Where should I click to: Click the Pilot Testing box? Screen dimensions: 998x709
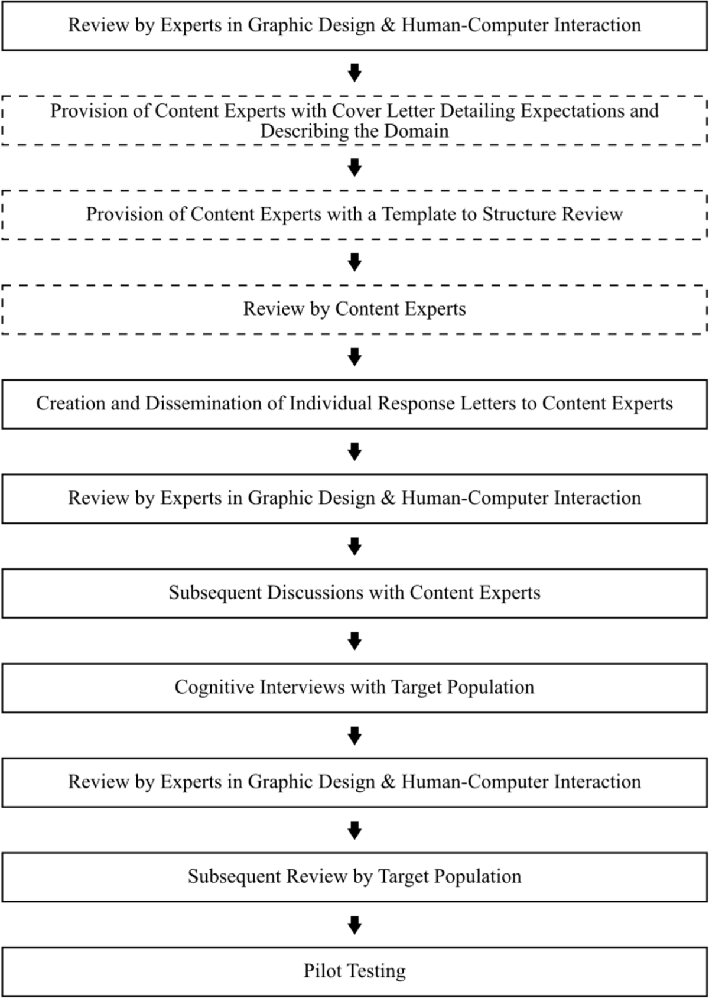tap(354, 971)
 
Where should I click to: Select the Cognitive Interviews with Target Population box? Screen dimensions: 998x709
tap(354, 687)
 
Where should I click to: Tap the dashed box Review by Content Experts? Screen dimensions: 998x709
tap(354, 309)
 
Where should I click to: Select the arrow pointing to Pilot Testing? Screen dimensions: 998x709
tap(354, 925)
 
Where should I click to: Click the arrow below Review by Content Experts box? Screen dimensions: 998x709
tap(354, 357)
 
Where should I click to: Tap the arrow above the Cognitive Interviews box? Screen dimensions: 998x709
tap(354, 641)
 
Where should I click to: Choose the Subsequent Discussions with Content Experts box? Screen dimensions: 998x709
tap(354, 593)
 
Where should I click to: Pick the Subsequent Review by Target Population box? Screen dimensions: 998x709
tap(354, 876)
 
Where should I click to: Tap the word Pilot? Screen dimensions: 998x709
tap(323, 971)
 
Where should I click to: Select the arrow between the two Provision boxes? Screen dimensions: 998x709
tap(354, 167)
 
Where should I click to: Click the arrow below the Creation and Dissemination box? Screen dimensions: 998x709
tap(354, 451)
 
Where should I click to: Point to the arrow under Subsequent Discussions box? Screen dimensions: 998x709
tap(354, 641)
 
